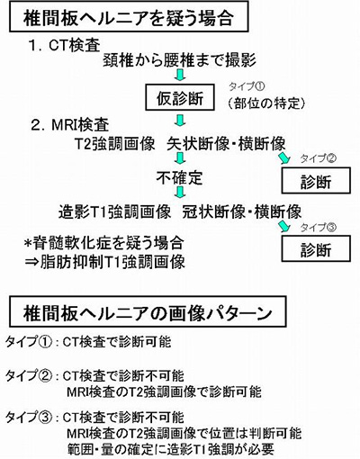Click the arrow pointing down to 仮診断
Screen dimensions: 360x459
[180, 75]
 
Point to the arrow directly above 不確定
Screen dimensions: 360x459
[180, 158]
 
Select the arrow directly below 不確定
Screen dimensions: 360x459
[180, 192]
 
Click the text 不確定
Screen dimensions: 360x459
[179, 177]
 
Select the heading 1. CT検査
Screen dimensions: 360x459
[64, 46]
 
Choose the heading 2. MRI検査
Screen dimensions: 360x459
[70, 125]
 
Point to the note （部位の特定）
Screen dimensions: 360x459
[266, 103]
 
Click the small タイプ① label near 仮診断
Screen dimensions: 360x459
[247, 86]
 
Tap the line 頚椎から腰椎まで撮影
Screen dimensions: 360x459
[179, 60]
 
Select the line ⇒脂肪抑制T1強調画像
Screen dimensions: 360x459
[104, 262]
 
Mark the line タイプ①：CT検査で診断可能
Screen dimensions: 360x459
[88, 342]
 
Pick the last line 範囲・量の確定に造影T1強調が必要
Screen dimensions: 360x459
[170, 449]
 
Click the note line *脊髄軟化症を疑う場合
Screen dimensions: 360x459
[104, 243]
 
